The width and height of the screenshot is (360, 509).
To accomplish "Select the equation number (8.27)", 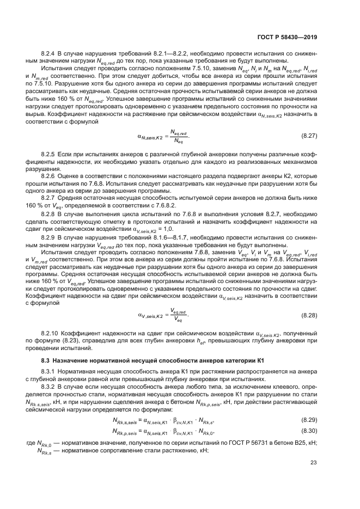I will point(309,134).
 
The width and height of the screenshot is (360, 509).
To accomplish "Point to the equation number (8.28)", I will point(309,315).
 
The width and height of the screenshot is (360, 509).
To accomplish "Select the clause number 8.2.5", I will point(49,155).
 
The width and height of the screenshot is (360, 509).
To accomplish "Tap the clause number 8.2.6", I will point(49,176).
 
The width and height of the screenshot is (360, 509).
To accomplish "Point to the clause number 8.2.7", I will point(49,198).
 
